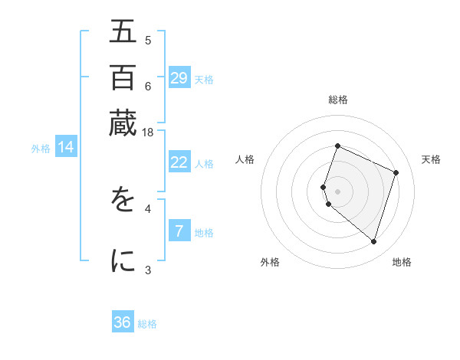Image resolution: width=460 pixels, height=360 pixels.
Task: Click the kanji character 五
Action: [x=123, y=32]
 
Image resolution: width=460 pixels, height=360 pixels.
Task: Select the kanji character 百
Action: [x=123, y=77]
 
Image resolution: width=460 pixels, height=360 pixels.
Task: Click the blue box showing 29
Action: [x=179, y=78]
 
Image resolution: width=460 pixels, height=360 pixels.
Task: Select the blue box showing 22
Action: [x=179, y=162]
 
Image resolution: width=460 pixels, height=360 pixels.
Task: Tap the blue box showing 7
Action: [x=179, y=231]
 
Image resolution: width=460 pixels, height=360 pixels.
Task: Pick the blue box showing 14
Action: [x=65, y=148]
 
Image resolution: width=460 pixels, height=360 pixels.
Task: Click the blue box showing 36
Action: [x=123, y=322]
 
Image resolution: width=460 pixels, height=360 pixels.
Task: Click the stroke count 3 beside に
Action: [x=148, y=269]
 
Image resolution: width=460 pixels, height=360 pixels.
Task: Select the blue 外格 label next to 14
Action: [x=41, y=149]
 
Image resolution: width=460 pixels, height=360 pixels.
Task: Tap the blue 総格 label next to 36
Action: [x=147, y=324]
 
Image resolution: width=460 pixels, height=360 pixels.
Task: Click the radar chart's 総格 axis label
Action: [x=338, y=100]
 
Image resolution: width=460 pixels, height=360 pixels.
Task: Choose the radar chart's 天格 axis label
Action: [x=431, y=159]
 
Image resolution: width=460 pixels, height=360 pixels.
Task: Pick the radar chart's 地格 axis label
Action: [x=402, y=262]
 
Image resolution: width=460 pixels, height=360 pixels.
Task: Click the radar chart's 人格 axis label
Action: [x=245, y=159]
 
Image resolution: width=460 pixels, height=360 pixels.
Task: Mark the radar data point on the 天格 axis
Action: [x=396, y=172]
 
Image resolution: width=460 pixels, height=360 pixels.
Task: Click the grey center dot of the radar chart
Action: [x=338, y=191]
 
